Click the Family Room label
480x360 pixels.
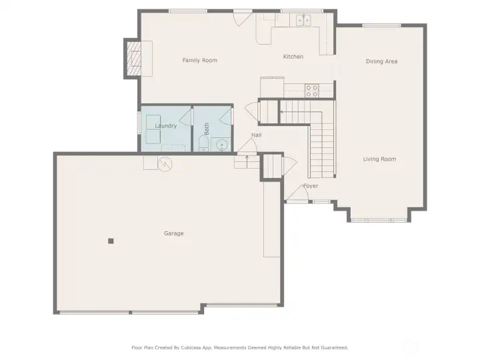[199, 60]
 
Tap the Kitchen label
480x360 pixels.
[293, 57]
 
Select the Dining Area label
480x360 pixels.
[382, 61]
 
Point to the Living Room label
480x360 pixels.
[379, 159]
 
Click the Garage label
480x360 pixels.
[174, 233]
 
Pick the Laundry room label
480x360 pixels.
[166, 126]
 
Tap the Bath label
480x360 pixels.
[207, 129]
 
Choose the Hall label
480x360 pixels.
[257, 135]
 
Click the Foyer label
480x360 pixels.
[311, 186]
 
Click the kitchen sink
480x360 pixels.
[303, 20]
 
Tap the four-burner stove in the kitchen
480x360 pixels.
[312, 91]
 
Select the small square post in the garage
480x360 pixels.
[111, 241]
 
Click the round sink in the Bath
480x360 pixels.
[221, 145]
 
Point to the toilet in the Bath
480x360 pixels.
[203, 143]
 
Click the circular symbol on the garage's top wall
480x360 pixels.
[165, 164]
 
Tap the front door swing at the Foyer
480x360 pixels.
[297, 193]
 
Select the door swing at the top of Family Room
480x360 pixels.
[243, 19]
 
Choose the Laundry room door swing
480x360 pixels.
[185, 116]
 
